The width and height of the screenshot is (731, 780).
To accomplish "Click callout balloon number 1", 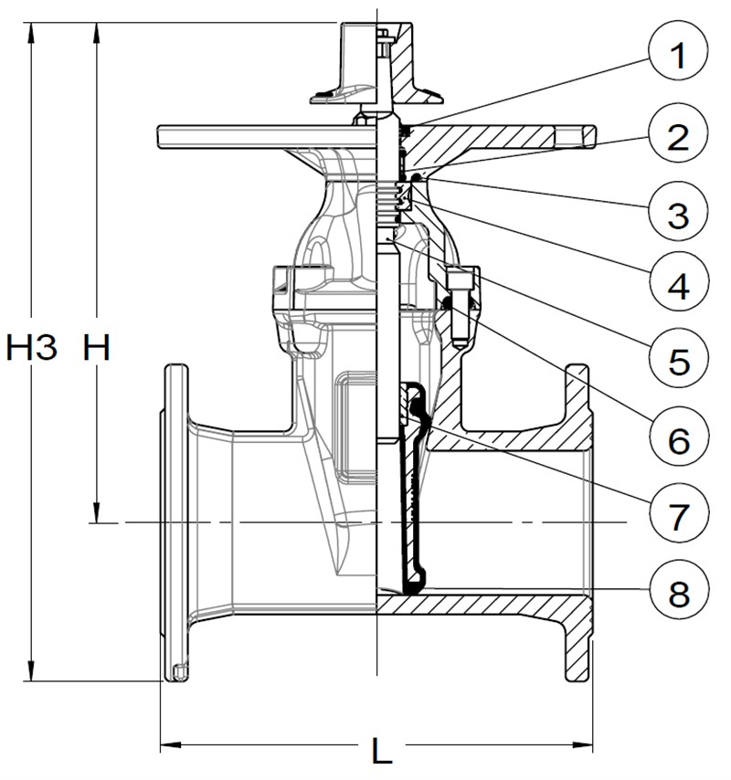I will click(678, 57).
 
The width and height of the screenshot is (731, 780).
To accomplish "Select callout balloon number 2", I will click(678, 137).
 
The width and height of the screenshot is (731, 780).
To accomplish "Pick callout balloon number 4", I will click(678, 285).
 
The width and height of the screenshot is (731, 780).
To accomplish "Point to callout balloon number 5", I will click(678, 360).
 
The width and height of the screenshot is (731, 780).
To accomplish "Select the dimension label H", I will click(95, 348).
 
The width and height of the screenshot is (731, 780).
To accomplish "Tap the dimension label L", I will click(381, 750).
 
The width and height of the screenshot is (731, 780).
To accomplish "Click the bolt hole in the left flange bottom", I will click(178, 673).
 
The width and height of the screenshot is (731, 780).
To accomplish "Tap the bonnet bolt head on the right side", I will click(458, 275).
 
